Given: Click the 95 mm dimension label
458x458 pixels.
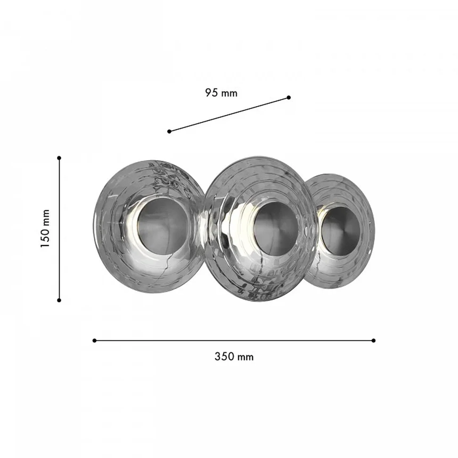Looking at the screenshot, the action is (x=221, y=93).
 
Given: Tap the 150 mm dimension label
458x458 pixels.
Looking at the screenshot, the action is (x=45, y=228).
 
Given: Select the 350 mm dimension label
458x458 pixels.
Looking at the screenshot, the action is (x=234, y=357).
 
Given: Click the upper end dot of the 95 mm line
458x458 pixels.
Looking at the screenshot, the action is (x=289, y=97).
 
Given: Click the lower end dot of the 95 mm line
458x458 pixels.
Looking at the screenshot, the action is (x=169, y=131).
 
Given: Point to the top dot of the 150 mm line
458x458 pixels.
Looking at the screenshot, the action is (x=59, y=158).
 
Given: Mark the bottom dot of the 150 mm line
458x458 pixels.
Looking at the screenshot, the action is (x=59, y=300).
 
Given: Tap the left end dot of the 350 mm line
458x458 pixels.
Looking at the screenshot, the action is (x=94, y=341).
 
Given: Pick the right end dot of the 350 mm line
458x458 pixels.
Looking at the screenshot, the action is (x=373, y=341).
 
